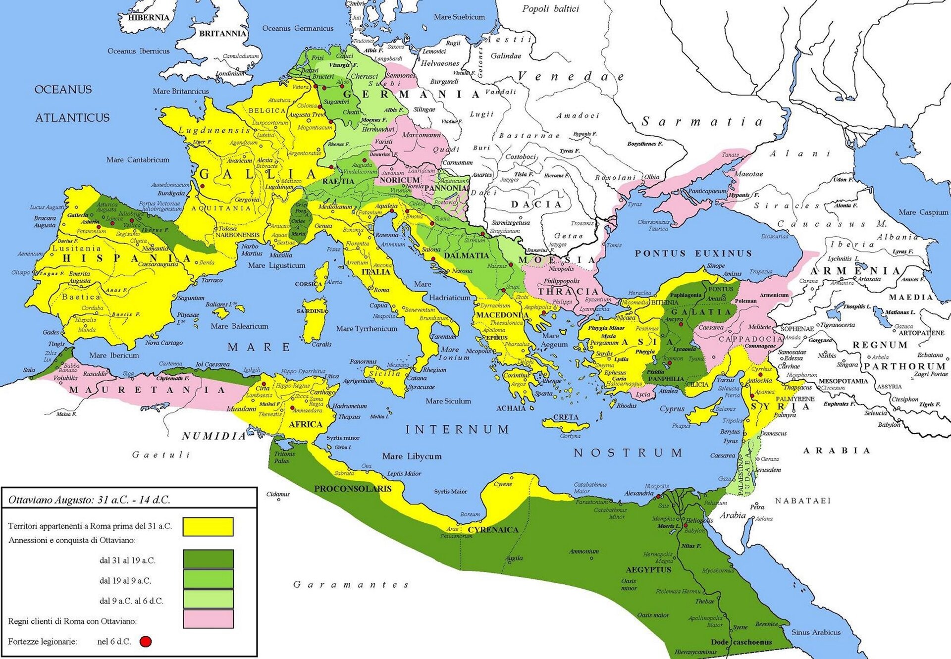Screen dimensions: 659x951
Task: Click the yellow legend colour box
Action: [208, 526]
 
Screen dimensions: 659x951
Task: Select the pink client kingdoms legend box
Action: [208, 619]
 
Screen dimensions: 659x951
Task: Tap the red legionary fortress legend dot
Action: [145, 642]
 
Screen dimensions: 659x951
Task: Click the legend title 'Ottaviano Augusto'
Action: [89, 500]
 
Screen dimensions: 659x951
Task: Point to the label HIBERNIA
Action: [149, 17]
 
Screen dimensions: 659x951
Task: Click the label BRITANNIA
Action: [222, 34]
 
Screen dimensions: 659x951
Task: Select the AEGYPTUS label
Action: [648, 570]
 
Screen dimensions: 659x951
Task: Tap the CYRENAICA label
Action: [493, 530]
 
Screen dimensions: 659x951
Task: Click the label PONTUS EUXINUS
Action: [693, 253]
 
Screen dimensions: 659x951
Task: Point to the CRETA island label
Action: [566, 417]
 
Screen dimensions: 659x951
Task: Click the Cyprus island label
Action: [672, 409]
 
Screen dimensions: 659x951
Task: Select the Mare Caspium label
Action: [923, 212]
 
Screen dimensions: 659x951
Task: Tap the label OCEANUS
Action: [63, 90]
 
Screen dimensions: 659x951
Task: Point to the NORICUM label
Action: [399, 180]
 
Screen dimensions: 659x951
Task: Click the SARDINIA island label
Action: [312, 311]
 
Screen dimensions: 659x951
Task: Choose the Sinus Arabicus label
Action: [816, 632]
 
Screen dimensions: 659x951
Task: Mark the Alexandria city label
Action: [638, 493]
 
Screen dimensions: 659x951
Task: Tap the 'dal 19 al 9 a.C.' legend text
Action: [125, 581]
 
